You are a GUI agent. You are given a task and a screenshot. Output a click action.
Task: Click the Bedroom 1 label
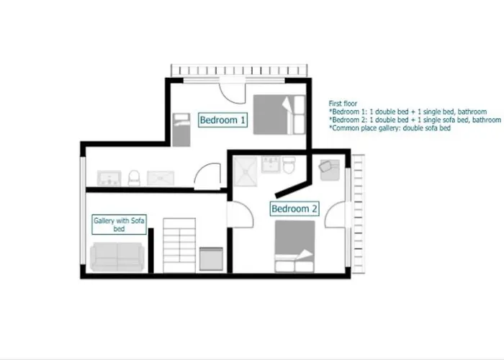(222, 120)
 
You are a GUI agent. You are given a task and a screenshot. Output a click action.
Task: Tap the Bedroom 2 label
(294, 209)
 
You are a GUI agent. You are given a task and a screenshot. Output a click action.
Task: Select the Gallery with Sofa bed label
(119, 225)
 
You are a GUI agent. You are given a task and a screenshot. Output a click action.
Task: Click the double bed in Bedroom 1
(279, 114)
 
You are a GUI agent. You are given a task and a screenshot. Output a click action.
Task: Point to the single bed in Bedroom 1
(181, 130)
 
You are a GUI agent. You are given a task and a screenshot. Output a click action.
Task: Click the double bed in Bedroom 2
(294, 246)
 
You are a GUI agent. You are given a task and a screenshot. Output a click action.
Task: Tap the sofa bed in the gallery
(117, 257)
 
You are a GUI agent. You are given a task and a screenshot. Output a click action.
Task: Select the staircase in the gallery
(179, 246)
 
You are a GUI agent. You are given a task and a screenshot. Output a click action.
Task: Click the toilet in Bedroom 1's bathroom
(134, 178)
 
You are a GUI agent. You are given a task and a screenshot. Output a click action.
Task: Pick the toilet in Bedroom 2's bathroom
(289, 165)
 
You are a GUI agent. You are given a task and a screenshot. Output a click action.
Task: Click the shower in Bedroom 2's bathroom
(246, 171)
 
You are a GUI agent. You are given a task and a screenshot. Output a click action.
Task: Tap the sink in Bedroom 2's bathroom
(271, 164)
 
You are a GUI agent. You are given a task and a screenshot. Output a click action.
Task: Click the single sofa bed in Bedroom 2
(330, 170)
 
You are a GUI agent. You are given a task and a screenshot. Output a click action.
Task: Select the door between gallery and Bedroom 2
(240, 215)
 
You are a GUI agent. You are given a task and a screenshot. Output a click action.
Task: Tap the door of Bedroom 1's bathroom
(207, 176)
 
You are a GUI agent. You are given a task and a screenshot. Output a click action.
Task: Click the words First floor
(343, 104)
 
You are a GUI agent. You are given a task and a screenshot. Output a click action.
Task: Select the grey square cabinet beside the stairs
(211, 258)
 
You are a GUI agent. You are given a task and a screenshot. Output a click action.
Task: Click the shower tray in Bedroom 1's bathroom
(161, 178)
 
